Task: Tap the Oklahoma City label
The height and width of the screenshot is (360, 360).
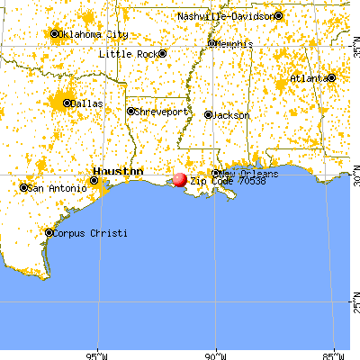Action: pyautogui.click(x=94, y=34)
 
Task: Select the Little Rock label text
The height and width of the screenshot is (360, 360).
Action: pyautogui.click(x=127, y=54)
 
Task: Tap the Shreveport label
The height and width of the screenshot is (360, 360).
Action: pyautogui.click(x=163, y=112)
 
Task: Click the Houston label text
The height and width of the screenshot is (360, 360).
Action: pyautogui.click(x=118, y=171)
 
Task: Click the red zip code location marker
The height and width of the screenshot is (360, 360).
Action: pyautogui.click(x=180, y=180)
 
